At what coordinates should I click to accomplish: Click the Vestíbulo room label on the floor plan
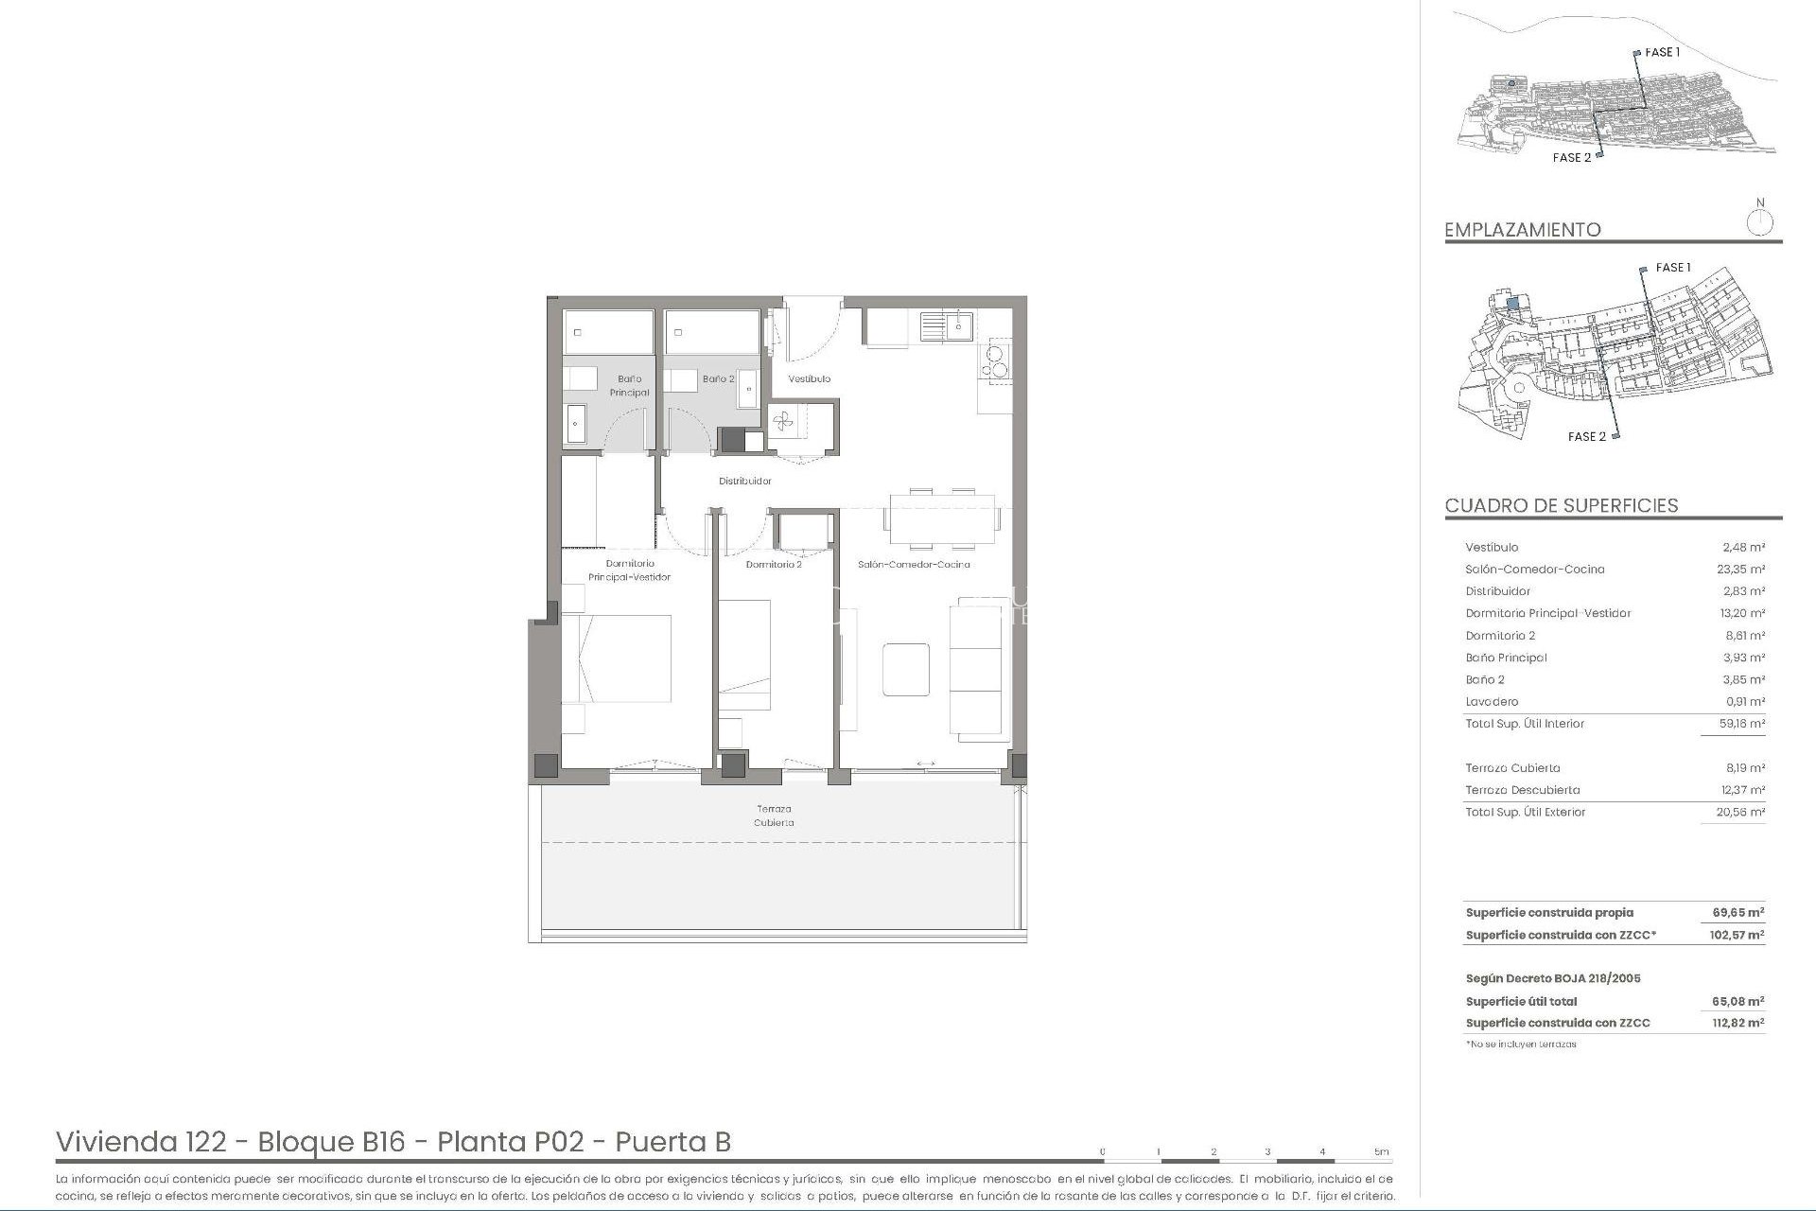click(810, 378)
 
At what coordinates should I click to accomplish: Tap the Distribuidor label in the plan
click(745, 481)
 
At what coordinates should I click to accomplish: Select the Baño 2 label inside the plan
click(718, 378)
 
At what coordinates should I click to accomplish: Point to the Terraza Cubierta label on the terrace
click(774, 816)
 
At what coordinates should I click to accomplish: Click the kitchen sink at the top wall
click(947, 326)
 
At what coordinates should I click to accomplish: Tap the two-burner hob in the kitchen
click(997, 360)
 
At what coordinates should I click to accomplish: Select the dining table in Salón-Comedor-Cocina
click(943, 519)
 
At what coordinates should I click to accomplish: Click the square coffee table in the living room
click(905, 669)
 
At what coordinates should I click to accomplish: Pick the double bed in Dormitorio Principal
click(617, 658)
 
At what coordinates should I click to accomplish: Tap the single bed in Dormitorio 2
click(743, 655)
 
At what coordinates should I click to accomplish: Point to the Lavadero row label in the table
click(1492, 702)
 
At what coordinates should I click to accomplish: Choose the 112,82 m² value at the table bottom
click(1737, 1023)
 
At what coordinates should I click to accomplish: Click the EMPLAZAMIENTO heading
click(1522, 230)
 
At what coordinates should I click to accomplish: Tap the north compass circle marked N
click(1759, 223)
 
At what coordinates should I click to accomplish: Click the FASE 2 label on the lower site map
click(1586, 436)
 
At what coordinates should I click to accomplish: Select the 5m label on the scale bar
click(1382, 1151)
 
